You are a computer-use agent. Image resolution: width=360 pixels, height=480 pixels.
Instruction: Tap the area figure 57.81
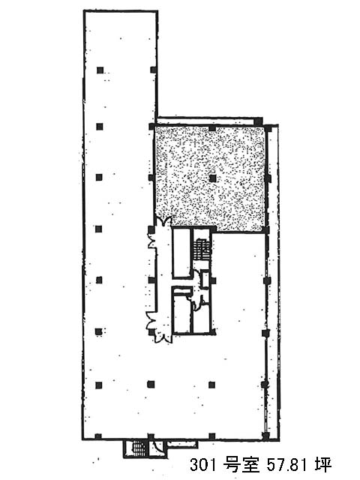tap(287, 465)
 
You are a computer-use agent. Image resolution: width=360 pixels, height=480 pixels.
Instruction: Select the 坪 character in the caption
tap(324, 465)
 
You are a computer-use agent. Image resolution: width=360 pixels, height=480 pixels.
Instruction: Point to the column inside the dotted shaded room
tap(213, 178)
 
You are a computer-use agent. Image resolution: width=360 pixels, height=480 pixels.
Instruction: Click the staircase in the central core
tap(202, 249)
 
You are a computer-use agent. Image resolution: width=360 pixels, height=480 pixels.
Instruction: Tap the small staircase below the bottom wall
tap(139, 448)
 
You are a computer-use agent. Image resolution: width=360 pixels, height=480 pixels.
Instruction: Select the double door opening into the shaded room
tap(163, 221)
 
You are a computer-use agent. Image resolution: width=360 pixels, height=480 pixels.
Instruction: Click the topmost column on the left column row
tap(100, 70)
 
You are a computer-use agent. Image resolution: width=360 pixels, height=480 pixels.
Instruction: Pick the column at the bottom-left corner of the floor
tap(98, 436)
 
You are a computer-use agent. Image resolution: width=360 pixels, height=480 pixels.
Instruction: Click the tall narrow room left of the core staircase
tap(181, 253)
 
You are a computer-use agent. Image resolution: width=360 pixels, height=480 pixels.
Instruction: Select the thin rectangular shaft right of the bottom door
tap(182, 443)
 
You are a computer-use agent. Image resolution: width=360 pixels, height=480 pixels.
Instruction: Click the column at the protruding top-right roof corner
tap(259, 120)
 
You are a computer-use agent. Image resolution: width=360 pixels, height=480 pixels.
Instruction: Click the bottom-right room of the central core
tap(202, 318)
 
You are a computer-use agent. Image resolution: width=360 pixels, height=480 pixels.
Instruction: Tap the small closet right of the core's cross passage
tap(205, 280)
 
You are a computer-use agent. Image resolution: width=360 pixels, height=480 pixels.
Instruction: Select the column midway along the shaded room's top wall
tap(212, 127)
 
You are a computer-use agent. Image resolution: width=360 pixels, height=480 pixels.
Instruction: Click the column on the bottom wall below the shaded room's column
tap(211, 436)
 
